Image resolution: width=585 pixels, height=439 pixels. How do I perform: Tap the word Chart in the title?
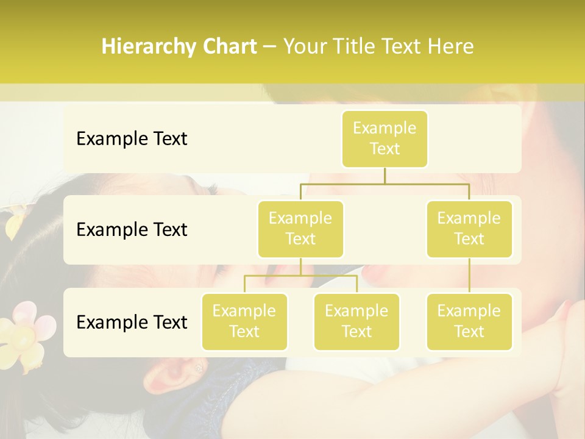click(230, 47)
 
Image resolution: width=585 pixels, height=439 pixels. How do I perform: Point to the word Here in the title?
click(451, 47)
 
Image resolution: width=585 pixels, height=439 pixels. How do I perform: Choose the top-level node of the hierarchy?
click(385, 138)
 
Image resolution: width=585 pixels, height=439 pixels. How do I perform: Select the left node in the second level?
click(300, 229)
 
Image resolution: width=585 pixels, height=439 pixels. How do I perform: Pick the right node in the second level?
click(469, 229)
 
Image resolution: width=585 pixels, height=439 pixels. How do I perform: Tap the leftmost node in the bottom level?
click(244, 321)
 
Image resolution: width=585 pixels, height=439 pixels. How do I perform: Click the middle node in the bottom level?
click(356, 321)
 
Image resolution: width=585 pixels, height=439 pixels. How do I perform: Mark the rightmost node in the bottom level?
click(469, 321)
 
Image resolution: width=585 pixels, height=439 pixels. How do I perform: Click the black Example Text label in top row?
click(132, 139)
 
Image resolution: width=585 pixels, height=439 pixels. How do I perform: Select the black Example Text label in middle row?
click(132, 230)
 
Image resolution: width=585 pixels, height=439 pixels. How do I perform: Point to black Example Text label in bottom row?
click(132, 323)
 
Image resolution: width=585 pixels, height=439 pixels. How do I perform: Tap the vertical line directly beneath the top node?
click(385, 175)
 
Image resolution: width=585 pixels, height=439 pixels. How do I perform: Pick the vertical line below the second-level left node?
click(300, 266)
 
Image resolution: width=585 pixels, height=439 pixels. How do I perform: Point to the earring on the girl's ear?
click(198, 368)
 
